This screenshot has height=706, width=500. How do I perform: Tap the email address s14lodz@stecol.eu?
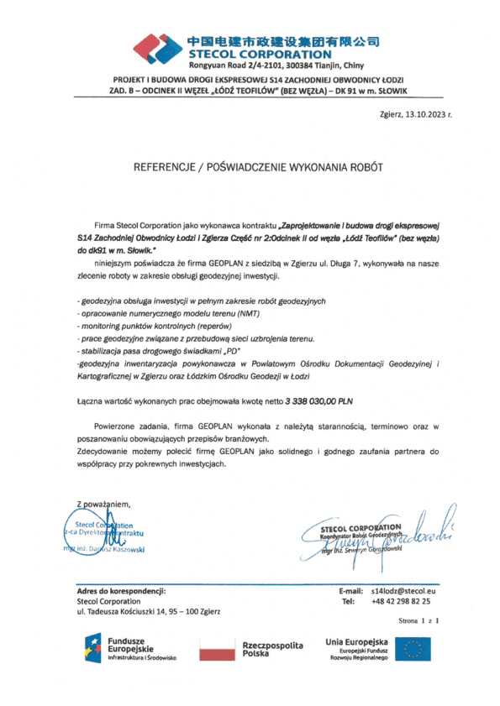pos(408,592)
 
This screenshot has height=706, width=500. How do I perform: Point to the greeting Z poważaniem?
pos(105,504)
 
